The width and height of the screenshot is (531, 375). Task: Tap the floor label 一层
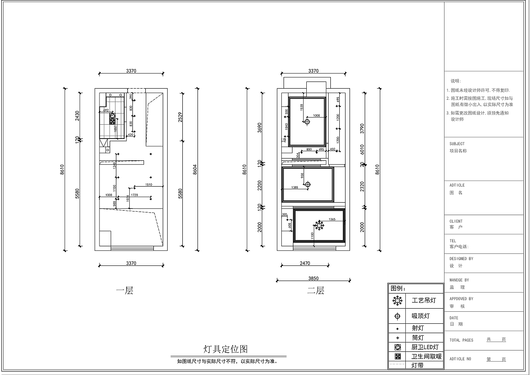tap(125, 291)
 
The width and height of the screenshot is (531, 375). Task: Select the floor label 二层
tap(316, 291)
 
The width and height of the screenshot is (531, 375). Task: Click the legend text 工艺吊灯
tap(424, 301)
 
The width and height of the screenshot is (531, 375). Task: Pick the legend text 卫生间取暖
tap(426, 356)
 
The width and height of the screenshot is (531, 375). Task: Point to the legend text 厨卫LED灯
tap(425, 347)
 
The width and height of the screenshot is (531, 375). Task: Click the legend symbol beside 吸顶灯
tap(397, 316)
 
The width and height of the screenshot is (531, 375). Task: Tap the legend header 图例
tap(398, 288)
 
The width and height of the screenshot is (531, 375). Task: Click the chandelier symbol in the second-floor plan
tap(320, 225)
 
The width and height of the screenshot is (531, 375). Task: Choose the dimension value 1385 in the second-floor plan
tap(294, 187)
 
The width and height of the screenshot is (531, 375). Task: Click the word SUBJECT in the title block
tap(457, 144)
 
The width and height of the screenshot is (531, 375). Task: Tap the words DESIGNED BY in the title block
tap(461, 258)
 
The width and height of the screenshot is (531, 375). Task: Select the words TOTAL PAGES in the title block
tap(461, 340)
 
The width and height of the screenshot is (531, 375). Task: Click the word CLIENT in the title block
tap(456, 221)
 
